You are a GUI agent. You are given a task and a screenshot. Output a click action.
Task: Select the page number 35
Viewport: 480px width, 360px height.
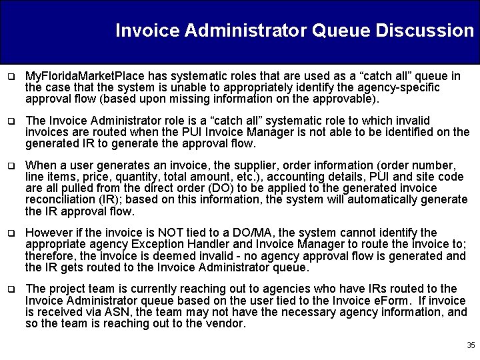[x=471, y=345]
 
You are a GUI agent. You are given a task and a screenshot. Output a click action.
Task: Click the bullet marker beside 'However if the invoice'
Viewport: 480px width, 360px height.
[x=11, y=233]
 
